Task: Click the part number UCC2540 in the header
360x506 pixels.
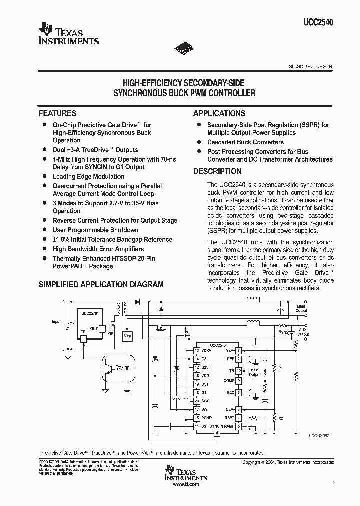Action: (318, 22)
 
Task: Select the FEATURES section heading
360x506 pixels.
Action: (58, 113)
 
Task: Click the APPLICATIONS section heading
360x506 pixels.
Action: (219, 113)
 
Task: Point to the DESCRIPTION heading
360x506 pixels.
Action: (217, 171)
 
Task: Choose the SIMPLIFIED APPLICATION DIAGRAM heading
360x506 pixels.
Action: (101, 284)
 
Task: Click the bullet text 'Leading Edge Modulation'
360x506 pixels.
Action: (89, 176)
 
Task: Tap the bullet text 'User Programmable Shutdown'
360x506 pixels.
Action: (96, 230)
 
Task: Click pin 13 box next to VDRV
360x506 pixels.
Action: (197, 351)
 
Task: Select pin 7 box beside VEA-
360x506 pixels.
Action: (239, 351)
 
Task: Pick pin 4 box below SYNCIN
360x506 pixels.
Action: (217, 433)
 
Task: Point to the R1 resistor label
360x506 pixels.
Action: (280, 368)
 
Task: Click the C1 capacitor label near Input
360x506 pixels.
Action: (68, 328)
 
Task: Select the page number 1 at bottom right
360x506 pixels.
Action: (333, 482)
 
